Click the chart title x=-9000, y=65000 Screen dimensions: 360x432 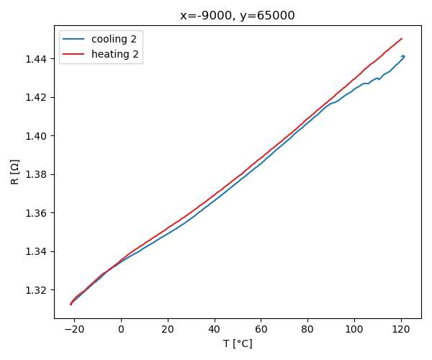tap(237, 15)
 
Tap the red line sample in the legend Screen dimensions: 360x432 tap(75, 54)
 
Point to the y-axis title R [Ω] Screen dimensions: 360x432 tap(15, 171)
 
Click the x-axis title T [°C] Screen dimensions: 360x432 tap(237, 344)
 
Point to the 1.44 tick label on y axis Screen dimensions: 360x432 tap(35, 58)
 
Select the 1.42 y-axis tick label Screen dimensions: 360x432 tap(35, 97)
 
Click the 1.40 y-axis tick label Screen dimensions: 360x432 tap(35, 136)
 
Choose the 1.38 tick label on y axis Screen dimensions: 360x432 tap(35, 174)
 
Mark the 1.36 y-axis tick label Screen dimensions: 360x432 tap(35, 213)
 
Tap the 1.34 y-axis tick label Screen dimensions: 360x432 tap(35, 251)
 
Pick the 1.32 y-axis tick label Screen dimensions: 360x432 tap(35, 290)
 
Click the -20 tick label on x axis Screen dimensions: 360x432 tap(74, 329)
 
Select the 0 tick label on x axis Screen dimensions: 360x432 tap(121, 329)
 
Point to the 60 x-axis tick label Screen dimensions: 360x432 tap(261, 329)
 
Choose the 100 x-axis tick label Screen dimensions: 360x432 tap(354, 329)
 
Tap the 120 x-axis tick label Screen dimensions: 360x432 tap(401, 329)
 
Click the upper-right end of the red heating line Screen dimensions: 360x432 tap(402, 39)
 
